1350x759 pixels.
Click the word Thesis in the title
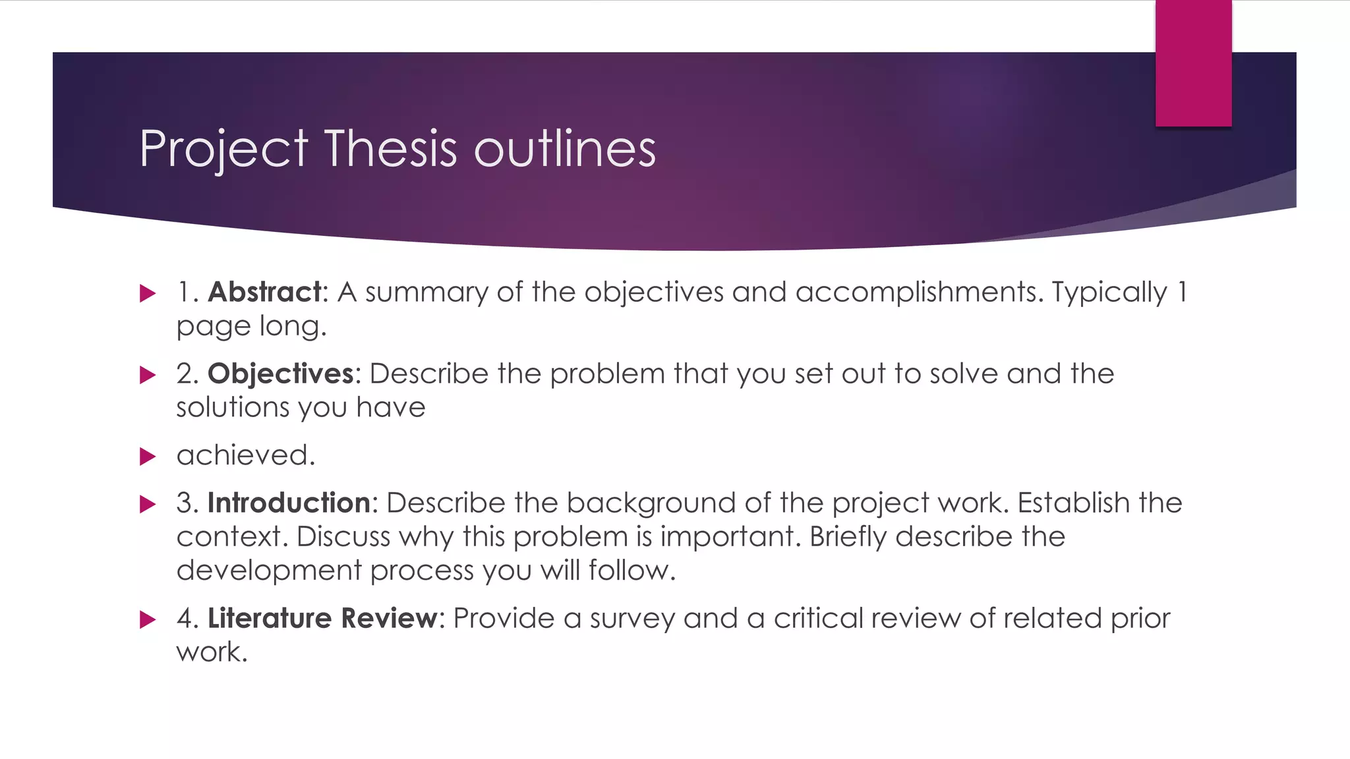(x=390, y=148)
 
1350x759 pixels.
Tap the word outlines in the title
(x=565, y=148)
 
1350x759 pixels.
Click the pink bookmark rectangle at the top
(x=1193, y=63)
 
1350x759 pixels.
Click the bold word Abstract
(x=265, y=292)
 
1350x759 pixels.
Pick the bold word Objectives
(x=281, y=374)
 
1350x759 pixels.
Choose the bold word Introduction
(x=289, y=503)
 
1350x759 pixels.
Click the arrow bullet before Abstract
(x=148, y=293)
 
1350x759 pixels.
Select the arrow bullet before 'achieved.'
(x=148, y=456)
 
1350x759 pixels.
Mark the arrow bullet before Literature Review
(x=148, y=619)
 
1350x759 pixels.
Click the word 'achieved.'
(x=246, y=455)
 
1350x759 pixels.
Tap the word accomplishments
(x=920, y=293)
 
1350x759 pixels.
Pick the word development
(x=269, y=571)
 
